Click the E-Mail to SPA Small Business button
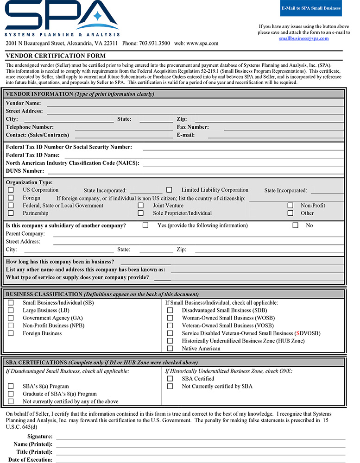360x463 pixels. point(311,8)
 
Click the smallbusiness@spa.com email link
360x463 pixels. point(303,38)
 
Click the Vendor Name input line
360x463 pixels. point(195,103)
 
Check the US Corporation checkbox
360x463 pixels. point(11,190)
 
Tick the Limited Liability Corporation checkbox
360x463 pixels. point(169,190)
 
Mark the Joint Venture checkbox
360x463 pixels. point(140,206)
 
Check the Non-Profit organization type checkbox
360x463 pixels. point(291,206)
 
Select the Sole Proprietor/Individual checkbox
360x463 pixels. point(140,213)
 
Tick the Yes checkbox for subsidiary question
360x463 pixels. point(145,225)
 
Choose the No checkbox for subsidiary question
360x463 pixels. point(295,225)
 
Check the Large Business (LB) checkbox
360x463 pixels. point(11,310)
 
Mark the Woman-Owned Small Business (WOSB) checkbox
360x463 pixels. point(170,318)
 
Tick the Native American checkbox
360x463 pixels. point(170,349)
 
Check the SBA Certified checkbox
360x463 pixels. point(170,379)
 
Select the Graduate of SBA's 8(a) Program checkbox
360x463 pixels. point(11,394)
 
